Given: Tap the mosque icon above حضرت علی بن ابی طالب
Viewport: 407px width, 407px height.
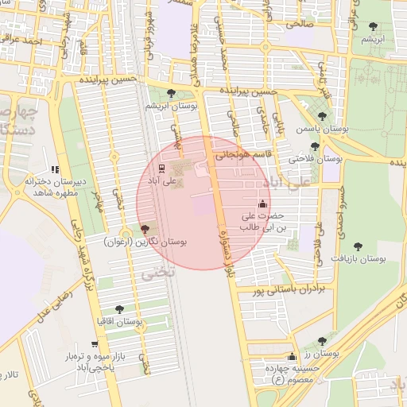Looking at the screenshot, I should point(263,203).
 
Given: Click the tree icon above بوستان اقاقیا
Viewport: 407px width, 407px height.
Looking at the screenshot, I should point(119,309).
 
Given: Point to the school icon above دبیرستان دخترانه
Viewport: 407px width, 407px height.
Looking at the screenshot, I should point(54,169).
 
